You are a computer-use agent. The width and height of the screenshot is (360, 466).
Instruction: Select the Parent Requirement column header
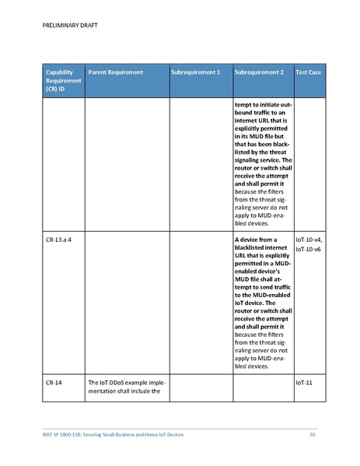click(116, 72)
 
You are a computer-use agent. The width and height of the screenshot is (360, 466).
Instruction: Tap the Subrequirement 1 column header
click(195, 72)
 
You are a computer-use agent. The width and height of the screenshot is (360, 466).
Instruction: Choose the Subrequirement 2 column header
click(259, 72)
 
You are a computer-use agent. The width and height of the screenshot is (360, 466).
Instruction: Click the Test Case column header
click(309, 72)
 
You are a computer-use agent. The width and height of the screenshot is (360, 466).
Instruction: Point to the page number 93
click(313, 433)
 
